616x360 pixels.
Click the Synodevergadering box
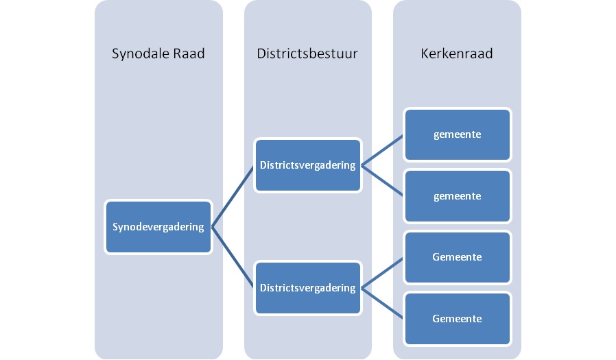pyautogui.click(x=158, y=227)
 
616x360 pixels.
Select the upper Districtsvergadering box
pyautogui.click(x=307, y=165)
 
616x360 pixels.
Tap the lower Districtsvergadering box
pyautogui.click(x=307, y=288)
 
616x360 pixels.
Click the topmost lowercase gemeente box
pyautogui.click(x=458, y=134)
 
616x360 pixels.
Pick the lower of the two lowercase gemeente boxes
pyautogui.click(x=458, y=196)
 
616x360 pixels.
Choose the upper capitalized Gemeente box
pyautogui.click(x=458, y=257)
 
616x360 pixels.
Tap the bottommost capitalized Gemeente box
pyautogui.click(x=458, y=319)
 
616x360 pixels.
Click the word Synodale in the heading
pyautogui.click(x=140, y=53)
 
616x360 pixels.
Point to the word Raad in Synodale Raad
pyautogui.click(x=189, y=53)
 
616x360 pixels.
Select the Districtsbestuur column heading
pyautogui.click(x=307, y=53)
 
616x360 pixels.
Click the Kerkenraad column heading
pyautogui.click(x=456, y=53)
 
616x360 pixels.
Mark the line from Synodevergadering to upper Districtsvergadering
pyautogui.click(x=233, y=196)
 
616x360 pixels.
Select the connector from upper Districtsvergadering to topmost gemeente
pyautogui.click(x=382, y=150)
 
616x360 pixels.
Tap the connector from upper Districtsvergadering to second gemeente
pyautogui.click(x=382, y=180)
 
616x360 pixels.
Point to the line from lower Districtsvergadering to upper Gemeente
pyautogui.click(x=382, y=273)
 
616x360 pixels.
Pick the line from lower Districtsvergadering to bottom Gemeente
pyautogui.click(x=382, y=304)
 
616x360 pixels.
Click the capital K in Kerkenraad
pyautogui.click(x=425, y=53)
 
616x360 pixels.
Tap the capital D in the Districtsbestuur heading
pyautogui.click(x=262, y=53)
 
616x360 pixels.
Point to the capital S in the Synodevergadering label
pyautogui.click(x=115, y=226)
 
